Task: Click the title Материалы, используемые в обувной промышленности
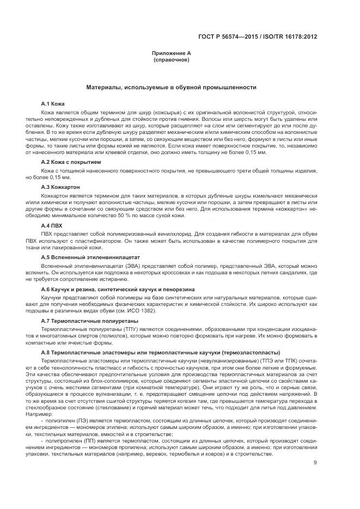click(x=171, y=87)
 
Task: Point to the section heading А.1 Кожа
click(x=53, y=103)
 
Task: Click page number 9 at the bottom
click(x=315, y=447)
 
